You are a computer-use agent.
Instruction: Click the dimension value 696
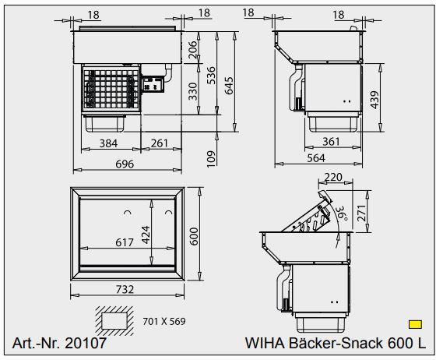point(125,164)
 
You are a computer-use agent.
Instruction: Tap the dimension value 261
point(160,143)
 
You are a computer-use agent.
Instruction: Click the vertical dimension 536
point(210,75)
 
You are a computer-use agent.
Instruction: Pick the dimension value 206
point(193,51)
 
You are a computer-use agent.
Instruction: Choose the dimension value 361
point(331,141)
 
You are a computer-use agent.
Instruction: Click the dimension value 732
point(125,289)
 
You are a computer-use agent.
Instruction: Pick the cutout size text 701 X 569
point(164,320)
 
